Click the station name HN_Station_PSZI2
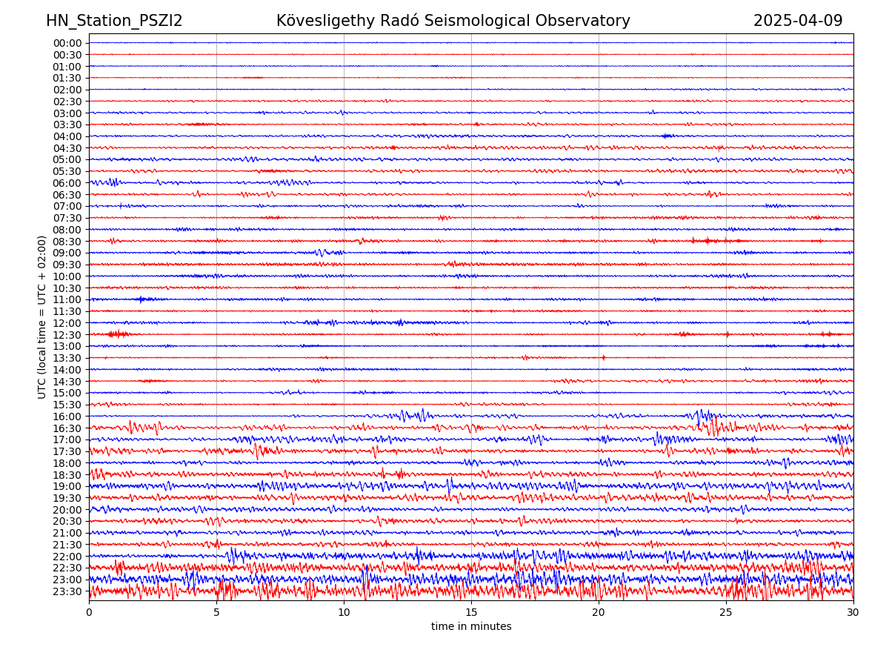[x=114, y=21]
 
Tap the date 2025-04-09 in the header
[x=798, y=21]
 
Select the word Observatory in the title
[x=591, y=21]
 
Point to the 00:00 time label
[x=67, y=43]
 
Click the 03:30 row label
[x=67, y=125]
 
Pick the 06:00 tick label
[x=67, y=183]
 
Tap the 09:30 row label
[x=67, y=265]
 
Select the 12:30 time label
[x=67, y=334]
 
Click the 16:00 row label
[x=67, y=417]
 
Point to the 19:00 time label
[x=67, y=486]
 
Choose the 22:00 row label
[x=67, y=557]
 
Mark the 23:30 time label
[x=67, y=591]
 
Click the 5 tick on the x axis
[x=216, y=612]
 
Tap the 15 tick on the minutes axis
[x=471, y=612]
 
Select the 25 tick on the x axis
[x=726, y=612]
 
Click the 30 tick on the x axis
[x=853, y=612]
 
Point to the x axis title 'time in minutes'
[x=471, y=627]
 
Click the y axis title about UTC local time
[x=42, y=316]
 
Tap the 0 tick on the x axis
[x=89, y=612]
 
